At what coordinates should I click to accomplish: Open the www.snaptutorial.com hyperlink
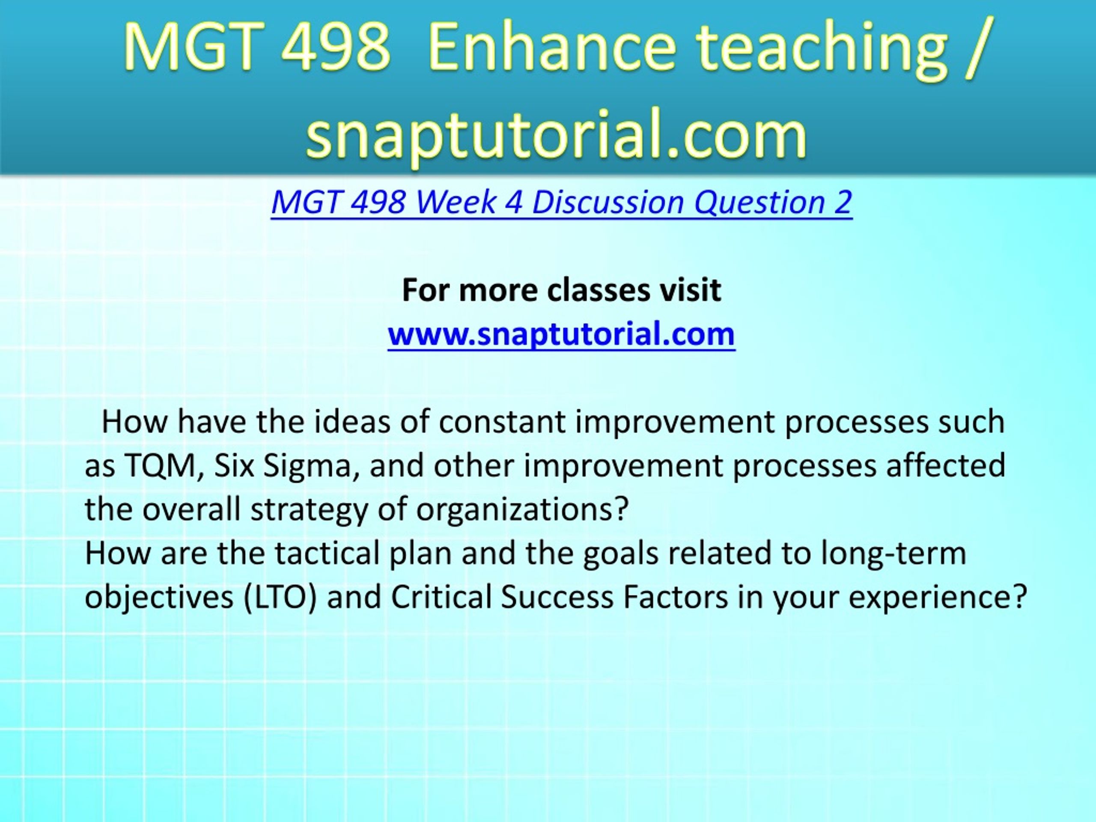[561, 335]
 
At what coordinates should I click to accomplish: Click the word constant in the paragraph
[502, 422]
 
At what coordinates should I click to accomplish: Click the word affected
[946, 465]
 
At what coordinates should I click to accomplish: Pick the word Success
[557, 597]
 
